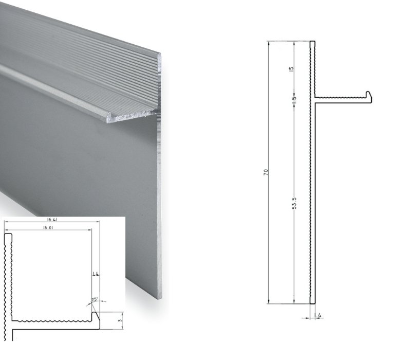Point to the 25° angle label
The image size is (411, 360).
coord(95,299)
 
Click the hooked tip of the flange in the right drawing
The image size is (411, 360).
coord(368,96)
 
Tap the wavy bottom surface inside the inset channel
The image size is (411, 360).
coord(51,321)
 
